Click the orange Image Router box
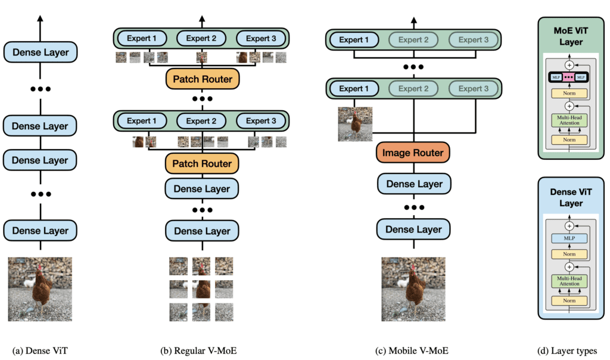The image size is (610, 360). click(413, 153)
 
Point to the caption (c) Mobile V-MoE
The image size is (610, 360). click(414, 351)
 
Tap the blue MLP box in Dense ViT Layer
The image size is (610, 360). click(569, 238)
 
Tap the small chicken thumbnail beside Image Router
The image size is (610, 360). click(355, 124)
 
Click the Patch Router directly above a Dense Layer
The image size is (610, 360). click(202, 163)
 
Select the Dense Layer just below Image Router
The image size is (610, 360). click(414, 184)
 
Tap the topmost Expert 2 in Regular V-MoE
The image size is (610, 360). click(201, 39)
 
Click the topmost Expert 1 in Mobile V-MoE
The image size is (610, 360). click(354, 40)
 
